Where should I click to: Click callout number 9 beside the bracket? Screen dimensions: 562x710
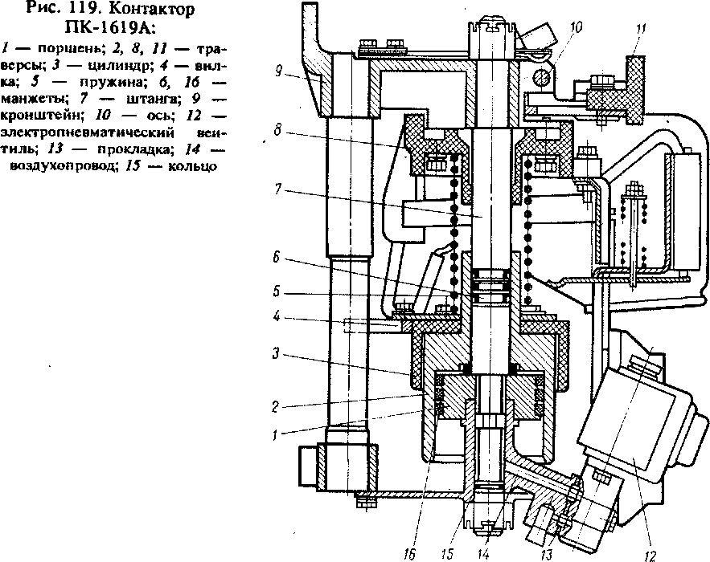coord(277,70)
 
